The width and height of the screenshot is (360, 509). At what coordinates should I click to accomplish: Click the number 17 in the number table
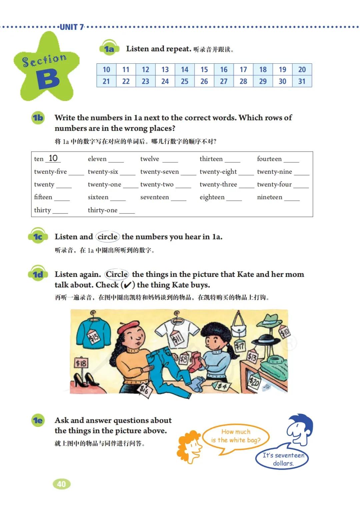point(243,70)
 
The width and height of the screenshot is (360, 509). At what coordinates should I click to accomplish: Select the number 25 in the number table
point(185,81)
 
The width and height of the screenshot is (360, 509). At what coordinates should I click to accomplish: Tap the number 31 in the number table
point(302,81)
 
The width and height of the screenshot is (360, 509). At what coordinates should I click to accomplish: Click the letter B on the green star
point(48,79)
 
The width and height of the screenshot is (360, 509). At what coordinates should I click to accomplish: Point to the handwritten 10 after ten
point(53,158)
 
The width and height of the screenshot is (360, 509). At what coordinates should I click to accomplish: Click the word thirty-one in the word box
point(102,210)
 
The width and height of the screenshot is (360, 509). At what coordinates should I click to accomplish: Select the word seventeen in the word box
point(154,197)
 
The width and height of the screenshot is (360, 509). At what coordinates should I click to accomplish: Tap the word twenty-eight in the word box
point(218,172)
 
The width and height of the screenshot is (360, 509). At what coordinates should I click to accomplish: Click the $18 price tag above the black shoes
point(81,363)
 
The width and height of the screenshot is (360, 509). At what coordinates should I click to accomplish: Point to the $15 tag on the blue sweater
point(94,337)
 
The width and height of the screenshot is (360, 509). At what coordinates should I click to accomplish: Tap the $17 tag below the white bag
point(240,346)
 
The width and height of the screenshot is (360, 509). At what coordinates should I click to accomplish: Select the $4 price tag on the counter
point(222,386)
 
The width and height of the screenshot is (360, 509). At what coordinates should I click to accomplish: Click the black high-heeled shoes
point(85,379)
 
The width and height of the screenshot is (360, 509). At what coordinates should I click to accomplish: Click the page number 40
point(62,484)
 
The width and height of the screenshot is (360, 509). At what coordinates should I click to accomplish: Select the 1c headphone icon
point(38,236)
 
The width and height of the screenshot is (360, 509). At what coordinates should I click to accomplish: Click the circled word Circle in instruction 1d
point(117,274)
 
